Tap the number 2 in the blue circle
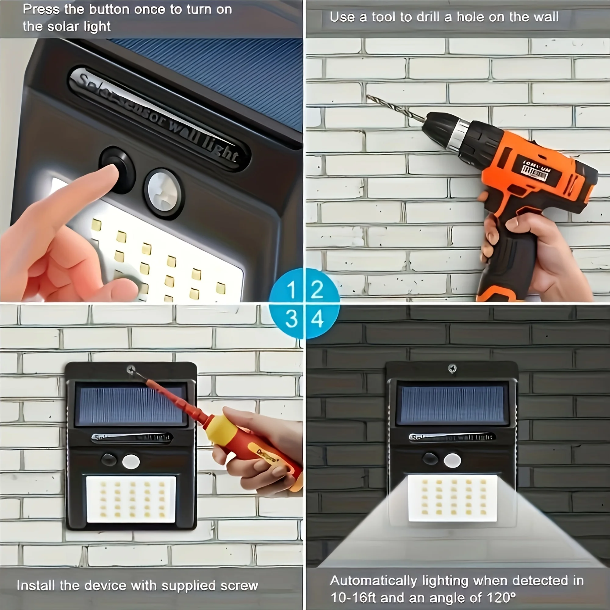coord(317,289)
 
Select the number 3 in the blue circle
coord(291,319)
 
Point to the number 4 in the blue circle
coord(317,319)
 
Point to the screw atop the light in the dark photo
coord(452,368)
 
